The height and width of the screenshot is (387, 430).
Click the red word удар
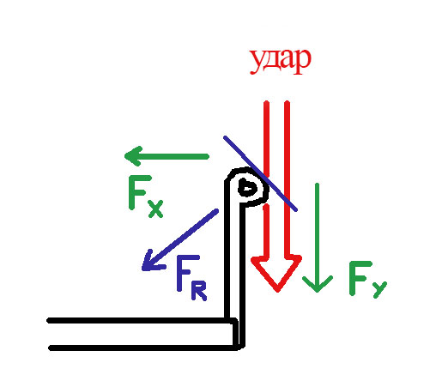click(280, 62)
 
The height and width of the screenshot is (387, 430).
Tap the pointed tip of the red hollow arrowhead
click(277, 291)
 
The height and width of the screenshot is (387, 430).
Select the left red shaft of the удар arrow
click(266, 179)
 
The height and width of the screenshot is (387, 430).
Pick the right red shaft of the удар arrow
click(288, 178)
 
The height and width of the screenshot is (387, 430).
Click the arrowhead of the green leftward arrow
click(134, 156)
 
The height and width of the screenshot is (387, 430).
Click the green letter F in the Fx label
click(140, 193)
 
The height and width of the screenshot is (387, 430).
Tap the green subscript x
click(156, 209)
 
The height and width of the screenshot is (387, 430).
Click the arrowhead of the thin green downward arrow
click(318, 284)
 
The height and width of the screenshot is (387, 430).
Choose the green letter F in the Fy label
click(360, 278)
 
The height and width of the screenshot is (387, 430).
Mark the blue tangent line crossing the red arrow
click(260, 173)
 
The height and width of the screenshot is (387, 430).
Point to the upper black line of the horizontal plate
click(142, 320)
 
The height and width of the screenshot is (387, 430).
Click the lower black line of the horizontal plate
click(144, 348)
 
